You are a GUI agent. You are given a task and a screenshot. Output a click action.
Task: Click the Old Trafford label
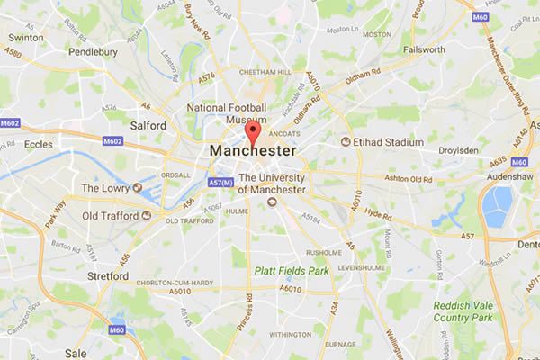(103, 216)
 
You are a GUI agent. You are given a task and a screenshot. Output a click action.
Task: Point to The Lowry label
(106, 188)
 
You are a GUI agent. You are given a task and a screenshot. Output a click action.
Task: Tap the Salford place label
(150, 127)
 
